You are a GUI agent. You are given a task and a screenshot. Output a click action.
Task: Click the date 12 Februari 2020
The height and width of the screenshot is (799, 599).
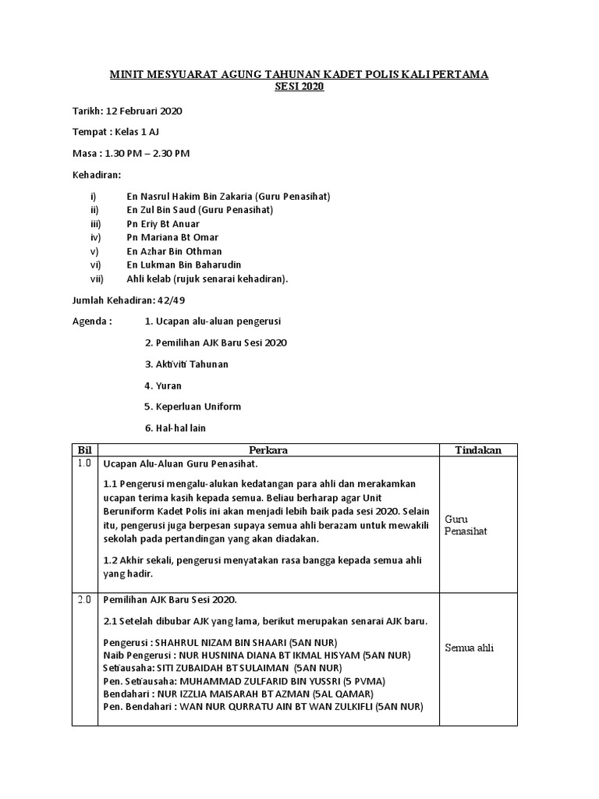click(149, 111)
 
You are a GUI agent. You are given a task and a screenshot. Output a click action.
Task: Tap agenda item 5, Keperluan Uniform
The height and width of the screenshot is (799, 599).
click(193, 407)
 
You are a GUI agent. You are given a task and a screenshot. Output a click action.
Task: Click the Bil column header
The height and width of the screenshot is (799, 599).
click(84, 450)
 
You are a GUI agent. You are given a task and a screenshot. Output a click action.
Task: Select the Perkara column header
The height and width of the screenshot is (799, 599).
click(268, 450)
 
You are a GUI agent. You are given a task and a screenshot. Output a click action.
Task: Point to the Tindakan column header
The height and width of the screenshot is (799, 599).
click(478, 450)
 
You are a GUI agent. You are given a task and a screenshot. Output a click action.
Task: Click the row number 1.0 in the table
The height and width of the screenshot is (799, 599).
click(84, 463)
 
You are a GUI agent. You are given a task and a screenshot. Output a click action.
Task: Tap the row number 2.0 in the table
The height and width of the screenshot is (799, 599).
click(84, 599)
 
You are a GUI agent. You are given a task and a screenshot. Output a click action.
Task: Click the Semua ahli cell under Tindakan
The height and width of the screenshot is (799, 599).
click(470, 648)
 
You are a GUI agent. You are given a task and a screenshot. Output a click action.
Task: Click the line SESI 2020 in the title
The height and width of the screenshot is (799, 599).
click(299, 87)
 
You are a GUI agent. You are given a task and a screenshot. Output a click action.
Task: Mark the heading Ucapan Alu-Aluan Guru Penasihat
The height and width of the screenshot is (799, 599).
click(180, 464)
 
